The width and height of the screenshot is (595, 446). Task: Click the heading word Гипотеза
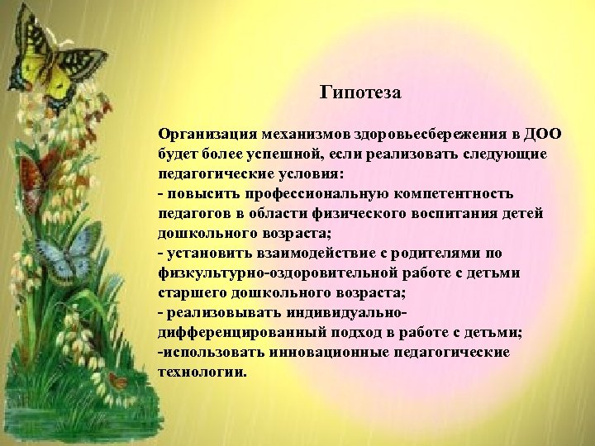coord(359,93)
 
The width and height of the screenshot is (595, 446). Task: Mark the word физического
coord(395,213)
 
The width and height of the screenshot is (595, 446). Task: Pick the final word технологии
coord(201,372)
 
